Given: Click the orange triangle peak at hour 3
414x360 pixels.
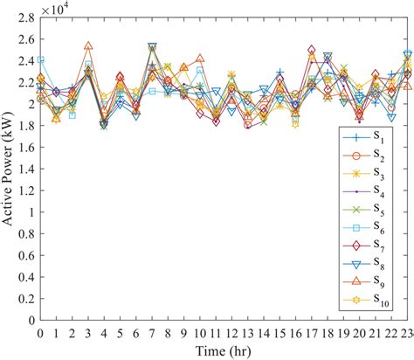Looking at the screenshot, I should (x=88, y=46).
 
